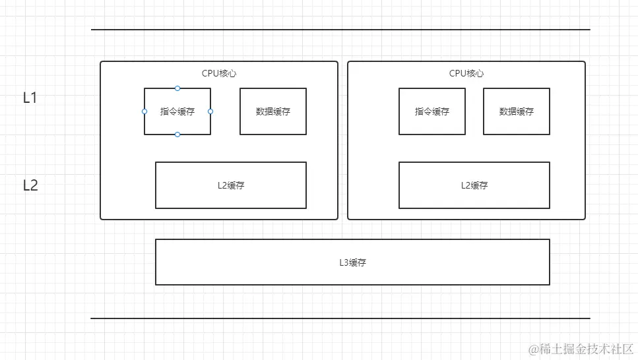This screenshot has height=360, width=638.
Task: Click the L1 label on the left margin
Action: tap(30, 98)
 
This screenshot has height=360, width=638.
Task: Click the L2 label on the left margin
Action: tap(30, 185)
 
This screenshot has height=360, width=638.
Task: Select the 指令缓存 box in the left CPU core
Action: tap(177, 123)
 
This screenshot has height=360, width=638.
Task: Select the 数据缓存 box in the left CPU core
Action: tap(272, 111)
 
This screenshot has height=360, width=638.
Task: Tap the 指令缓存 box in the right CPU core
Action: tap(431, 111)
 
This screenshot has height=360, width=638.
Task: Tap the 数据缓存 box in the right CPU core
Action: tap(516, 111)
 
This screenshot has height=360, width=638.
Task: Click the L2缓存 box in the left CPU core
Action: tap(230, 185)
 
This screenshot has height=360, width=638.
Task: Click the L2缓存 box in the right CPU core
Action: tap(474, 185)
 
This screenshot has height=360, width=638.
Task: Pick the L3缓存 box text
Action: tap(352, 262)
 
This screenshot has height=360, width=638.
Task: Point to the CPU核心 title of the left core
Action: tap(219, 74)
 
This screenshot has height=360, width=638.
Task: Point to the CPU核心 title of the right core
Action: tap(466, 74)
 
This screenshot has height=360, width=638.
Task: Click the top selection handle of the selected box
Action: tap(177, 88)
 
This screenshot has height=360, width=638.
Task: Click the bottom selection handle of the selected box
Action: tap(177, 135)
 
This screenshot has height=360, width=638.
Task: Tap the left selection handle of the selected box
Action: tap(144, 111)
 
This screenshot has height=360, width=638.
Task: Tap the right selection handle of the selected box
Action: tap(210, 111)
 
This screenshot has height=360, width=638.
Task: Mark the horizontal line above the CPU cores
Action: tap(340, 30)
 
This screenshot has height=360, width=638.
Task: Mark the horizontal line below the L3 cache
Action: tap(340, 318)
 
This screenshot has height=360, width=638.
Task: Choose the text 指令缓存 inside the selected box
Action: tap(177, 111)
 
